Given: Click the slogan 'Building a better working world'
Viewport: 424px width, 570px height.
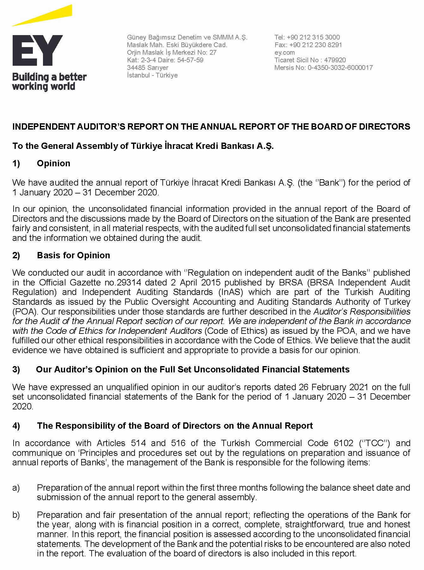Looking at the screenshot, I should click(49, 82).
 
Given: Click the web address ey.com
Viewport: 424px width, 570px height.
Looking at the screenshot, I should click(284, 52).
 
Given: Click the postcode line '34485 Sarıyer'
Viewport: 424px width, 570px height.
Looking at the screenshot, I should click(148, 68).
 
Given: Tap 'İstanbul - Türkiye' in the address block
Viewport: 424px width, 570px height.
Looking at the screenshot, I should click(152, 75).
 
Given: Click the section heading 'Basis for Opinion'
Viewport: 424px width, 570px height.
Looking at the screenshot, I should click(73, 255).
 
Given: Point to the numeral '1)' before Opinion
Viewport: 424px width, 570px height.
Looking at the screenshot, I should click(16, 163).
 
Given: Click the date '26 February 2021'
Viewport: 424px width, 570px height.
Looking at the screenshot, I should click(332, 387).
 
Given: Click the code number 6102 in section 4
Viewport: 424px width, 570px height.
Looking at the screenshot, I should click(343, 443).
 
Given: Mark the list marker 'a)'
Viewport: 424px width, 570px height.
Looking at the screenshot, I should click(16, 488).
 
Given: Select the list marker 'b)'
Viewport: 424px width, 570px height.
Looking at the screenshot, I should click(16, 515).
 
